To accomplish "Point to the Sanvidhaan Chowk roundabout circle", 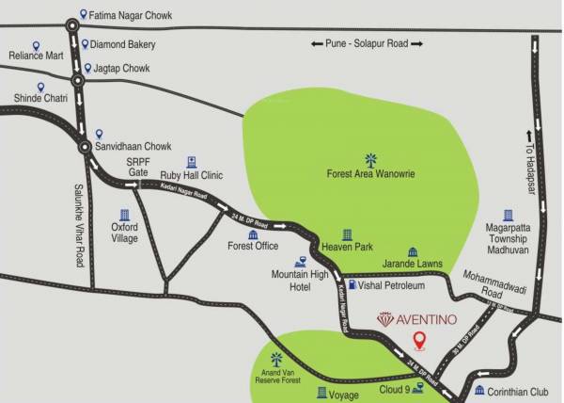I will [x=86, y=148].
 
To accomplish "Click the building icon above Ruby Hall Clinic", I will [x=192, y=162].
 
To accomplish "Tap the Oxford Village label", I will [x=124, y=232].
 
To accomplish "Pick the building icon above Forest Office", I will [x=253, y=234].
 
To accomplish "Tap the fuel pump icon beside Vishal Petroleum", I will [x=352, y=283].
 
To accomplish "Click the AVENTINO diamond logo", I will [x=386, y=320].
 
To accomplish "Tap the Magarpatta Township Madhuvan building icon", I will [x=509, y=217].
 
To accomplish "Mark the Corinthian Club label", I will [x=517, y=390].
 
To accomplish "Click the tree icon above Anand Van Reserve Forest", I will [x=276, y=359].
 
